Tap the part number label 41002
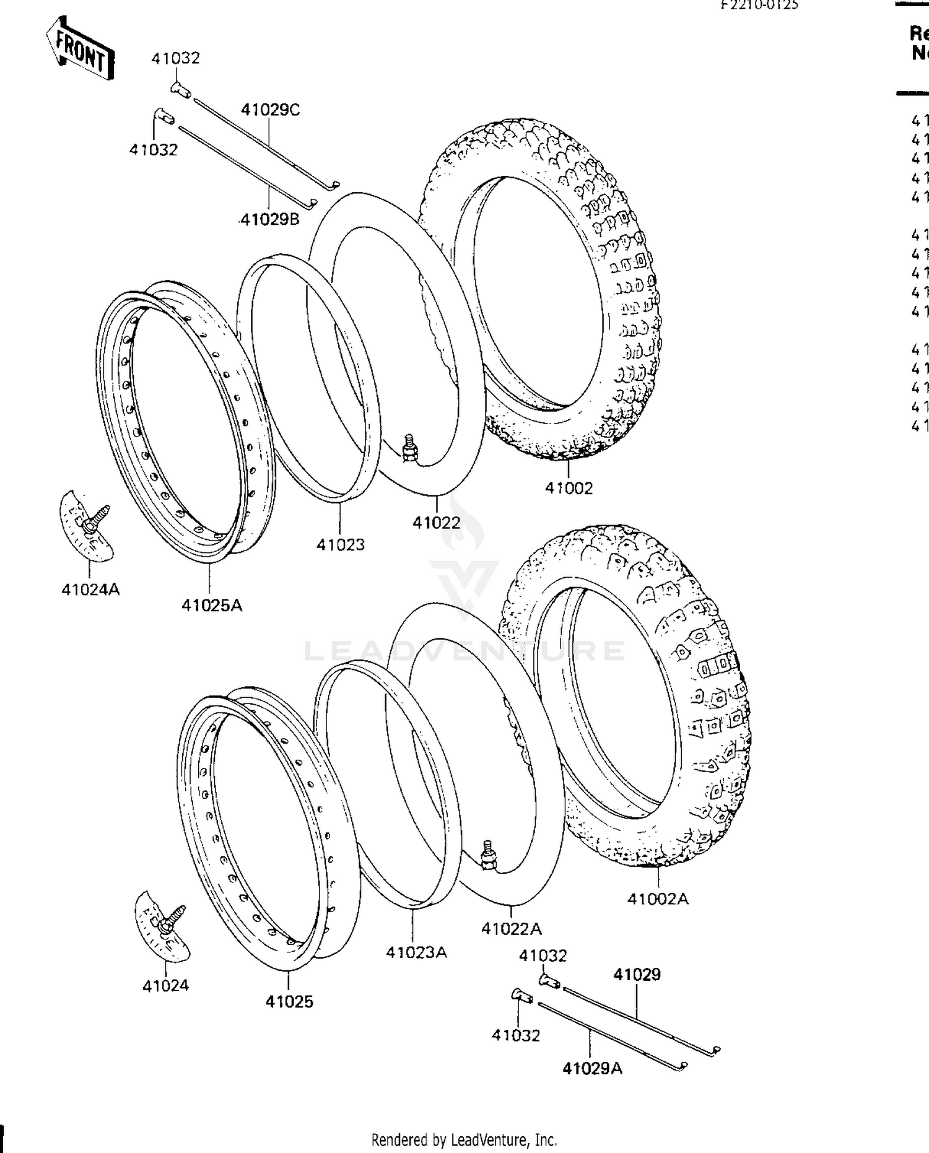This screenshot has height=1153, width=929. (x=569, y=488)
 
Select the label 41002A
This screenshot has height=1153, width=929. (x=658, y=898)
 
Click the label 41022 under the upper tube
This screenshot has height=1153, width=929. (x=437, y=523)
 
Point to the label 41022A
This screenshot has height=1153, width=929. (x=512, y=929)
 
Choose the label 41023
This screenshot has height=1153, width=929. (x=340, y=545)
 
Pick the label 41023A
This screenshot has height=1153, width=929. (x=416, y=952)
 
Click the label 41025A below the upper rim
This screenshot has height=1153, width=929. (x=212, y=606)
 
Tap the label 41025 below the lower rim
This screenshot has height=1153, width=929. (x=289, y=1002)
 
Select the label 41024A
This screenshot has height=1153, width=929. (x=90, y=590)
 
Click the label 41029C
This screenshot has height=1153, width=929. (x=270, y=110)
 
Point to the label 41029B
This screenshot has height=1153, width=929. (x=269, y=219)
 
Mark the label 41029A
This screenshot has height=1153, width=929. (x=592, y=1069)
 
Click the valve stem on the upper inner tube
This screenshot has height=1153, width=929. (x=408, y=448)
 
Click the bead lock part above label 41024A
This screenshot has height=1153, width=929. (x=87, y=526)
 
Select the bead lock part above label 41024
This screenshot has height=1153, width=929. (x=163, y=926)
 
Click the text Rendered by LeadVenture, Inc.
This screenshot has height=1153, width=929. (x=464, y=1140)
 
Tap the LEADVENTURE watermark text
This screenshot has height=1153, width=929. (x=464, y=650)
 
